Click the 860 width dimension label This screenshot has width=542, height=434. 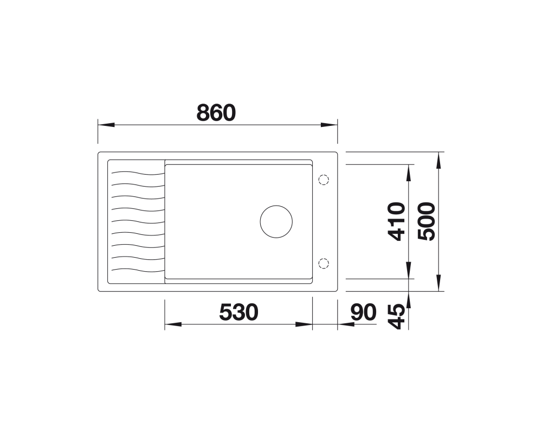pyautogui.click(x=216, y=112)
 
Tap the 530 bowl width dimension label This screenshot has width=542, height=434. pyautogui.click(x=238, y=312)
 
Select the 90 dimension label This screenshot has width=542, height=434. pyautogui.click(x=363, y=312)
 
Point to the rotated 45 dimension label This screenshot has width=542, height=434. pyautogui.click(x=396, y=316)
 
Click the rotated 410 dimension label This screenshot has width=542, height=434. pyautogui.click(x=396, y=221)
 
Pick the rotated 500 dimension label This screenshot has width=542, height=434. pyautogui.click(x=426, y=221)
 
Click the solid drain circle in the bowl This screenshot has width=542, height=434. pyautogui.click(x=276, y=221)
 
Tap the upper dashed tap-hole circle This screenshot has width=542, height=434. pyautogui.click(x=324, y=180)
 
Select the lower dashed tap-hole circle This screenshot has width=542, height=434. pyautogui.click(x=324, y=263)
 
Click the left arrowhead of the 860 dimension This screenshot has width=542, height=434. pyautogui.click(x=106, y=125)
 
